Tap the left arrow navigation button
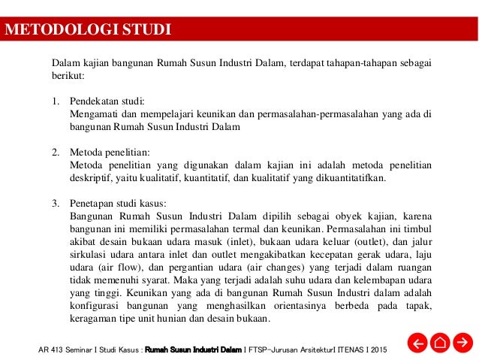tap(417, 344)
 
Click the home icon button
tap(441, 344)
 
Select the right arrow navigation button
tap(464, 344)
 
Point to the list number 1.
tap(55, 101)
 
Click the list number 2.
tap(55, 152)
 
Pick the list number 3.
tap(55, 203)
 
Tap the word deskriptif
tap(90, 177)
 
